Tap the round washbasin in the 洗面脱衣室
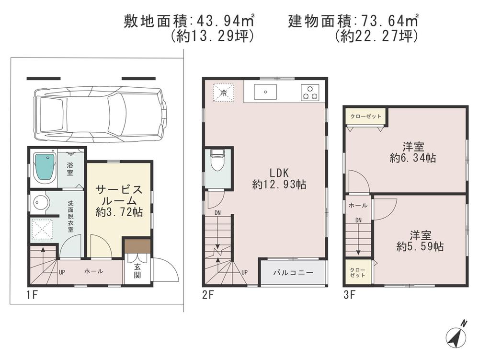pyautogui.click(x=41, y=203)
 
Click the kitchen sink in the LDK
pyautogui.click(x=264, y=91)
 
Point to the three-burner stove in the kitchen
pyautogui.click(x=310, y=92)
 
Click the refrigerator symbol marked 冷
pyautogui.click(x=223, y=92)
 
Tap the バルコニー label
pyautogui.click(x=293, y=273)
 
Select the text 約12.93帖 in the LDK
pyautogui.click(x=279, y=184)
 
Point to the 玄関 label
pyautogui.click(x=137, y=271)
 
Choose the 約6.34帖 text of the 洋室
pyautogui.click(x=412, y=158)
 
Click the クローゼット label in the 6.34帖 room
pyautogui.click(x=366, y=116)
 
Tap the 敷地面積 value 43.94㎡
pyautogui.click(x=224, y=21)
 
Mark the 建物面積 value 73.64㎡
pyautogui.click(x=387, y=21)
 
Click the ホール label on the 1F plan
pyautogui.click(x=93, y=271)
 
